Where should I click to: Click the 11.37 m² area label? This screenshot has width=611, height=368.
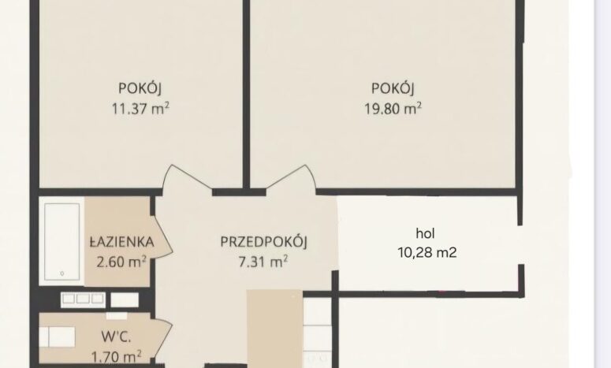pyautogui.click(x=140, y=108)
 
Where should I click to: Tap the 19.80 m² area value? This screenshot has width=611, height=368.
pyautogui.click(x=393, y=108)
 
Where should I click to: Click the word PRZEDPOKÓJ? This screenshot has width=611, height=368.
pyautogui.click(x=264, y=241)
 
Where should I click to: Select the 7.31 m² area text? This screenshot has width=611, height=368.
pyautogui.click(x=263, y=262)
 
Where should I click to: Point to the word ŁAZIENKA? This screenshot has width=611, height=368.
pyautogui.click(x=122, y=241)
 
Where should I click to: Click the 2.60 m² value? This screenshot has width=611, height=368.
pyautogui.click(x=121, y=262)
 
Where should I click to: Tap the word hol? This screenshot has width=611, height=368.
pyautogui.click(x=425, y=233)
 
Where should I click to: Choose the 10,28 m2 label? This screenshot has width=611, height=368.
pyautogui.click(x=427, y=252)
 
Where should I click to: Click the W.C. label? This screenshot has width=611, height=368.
pyautogui.click(x=116, y=336)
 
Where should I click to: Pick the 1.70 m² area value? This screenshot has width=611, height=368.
pyautogui.click(x=116, y=356)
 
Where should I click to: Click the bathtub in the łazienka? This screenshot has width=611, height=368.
pyautogui.click(x=62, y=241)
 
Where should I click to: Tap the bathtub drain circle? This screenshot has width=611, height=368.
pyautogui.click(x=62, y=273)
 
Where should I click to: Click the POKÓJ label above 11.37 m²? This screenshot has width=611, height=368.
pyautogui.click(x=140, y=88)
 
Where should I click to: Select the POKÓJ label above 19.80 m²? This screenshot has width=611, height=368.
pyautogui.click(x=393, y=88)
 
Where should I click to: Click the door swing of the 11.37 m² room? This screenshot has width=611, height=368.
pyautogui.click(x=187, y=177)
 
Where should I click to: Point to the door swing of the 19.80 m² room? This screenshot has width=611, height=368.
pyautogui.click(x=290, y=177)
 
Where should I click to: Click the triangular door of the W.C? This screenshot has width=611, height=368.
pyautogui.click(x=163, y=338)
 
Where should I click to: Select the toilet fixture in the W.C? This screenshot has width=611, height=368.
pyautogui.click(x=58, y=336)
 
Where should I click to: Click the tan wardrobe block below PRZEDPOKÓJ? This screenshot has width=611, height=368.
pyautogui.click(x=274, y=329)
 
